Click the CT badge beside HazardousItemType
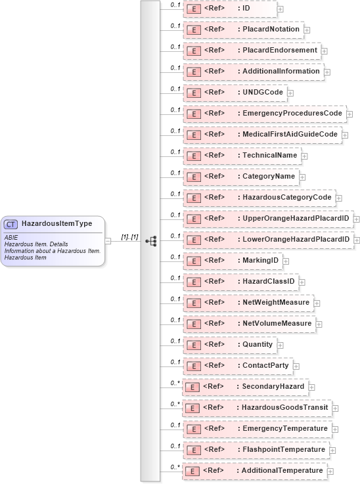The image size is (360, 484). click(x=11, y=224)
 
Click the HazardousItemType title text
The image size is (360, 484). click(x=56, y=224)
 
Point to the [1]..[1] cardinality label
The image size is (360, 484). click(x=129, y=236)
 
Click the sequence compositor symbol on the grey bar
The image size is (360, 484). click(x=151, y=241)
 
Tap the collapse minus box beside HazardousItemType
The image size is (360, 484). click(x=108, y=241)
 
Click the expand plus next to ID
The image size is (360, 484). click(x=280, y=9)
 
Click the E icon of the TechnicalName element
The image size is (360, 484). click(x=193, y=156)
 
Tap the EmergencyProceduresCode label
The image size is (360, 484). click(x=292, y=114)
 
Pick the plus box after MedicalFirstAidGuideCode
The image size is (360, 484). click(x=344, y=135)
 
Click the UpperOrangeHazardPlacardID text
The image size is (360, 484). click(x=296, y=219)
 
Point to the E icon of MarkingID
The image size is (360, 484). click(x=193, y=261)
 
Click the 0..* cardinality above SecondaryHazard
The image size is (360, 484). click(x=175, y=383)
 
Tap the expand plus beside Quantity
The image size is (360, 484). click(x=280, y=345)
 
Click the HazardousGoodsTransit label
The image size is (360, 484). click(x=285, y=408)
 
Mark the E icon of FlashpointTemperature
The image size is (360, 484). click(x=193, y=450)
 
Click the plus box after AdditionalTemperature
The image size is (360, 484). click(x=330, y=472)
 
